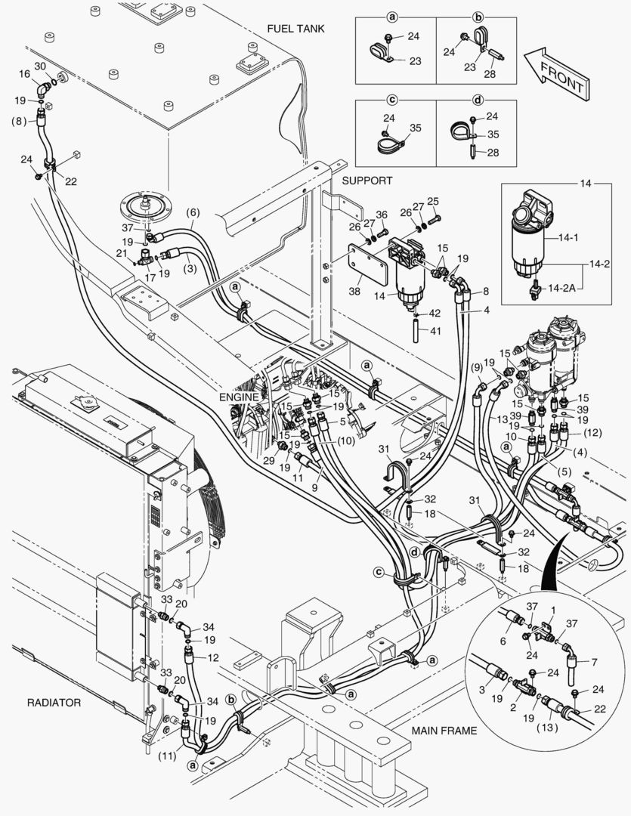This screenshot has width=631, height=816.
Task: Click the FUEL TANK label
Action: click(295, 29)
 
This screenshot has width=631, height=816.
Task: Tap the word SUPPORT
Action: click(367, 181)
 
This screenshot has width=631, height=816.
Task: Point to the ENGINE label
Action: click(239, 397)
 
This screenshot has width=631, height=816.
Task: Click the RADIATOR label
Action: click(54, 702)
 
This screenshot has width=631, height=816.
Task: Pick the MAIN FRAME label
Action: click(444, 731)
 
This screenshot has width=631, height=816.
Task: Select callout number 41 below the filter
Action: click(435, 331)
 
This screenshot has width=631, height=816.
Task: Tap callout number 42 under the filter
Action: click(435, 313)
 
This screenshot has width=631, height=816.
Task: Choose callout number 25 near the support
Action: click(433, 201)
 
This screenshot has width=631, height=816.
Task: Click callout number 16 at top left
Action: click(25, 73)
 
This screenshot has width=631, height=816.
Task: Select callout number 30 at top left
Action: click(40, 66)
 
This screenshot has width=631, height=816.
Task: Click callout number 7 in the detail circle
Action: click(594, 663)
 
